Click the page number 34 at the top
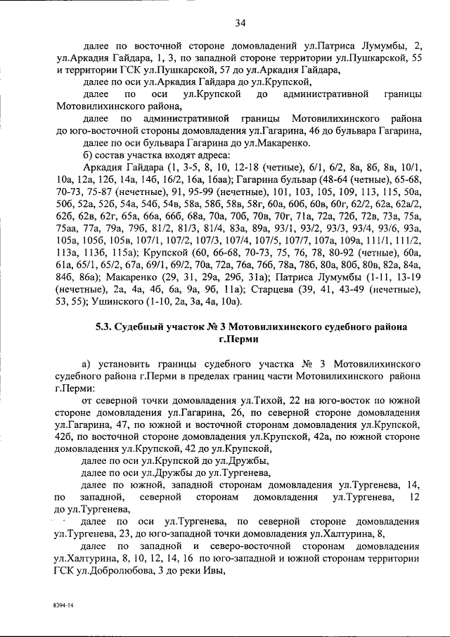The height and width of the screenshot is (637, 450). tap(240, 23)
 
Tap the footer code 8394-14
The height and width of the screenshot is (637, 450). tap(63, 605)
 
